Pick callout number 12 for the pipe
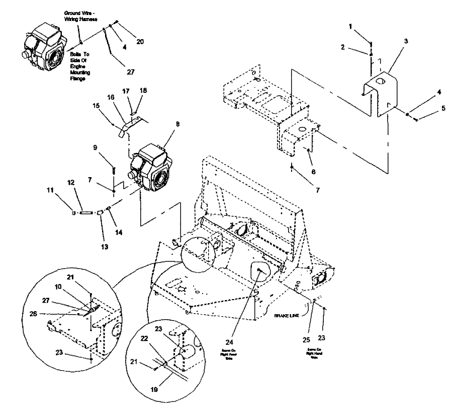click(x=85, y=195)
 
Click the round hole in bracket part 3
click(x=383, y=81)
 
